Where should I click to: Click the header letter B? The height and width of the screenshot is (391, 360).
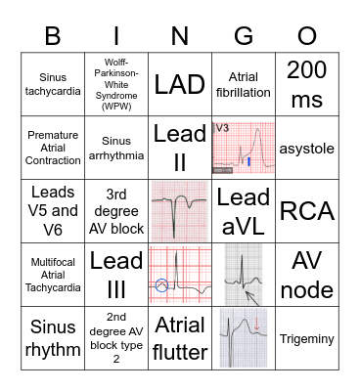[54, 37]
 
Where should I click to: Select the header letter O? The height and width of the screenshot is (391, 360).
[306, 37]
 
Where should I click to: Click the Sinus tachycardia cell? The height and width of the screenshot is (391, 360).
[54, 84]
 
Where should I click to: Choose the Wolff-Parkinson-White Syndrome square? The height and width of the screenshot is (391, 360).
[116, 84]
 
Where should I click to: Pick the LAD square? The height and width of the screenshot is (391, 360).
[180, 84]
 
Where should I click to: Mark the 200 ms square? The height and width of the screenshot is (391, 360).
[306, 84]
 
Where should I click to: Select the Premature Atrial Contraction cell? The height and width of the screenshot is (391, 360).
[54, 148]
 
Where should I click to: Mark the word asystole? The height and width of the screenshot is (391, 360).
[306, 148]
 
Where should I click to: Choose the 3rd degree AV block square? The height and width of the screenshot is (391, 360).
[116, 210]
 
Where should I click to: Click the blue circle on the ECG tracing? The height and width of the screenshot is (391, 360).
[161, 285]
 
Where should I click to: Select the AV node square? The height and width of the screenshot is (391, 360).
[306, 274]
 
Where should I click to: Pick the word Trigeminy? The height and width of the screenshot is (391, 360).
[306, 337]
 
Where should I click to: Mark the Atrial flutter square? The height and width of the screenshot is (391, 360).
[180, 337]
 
